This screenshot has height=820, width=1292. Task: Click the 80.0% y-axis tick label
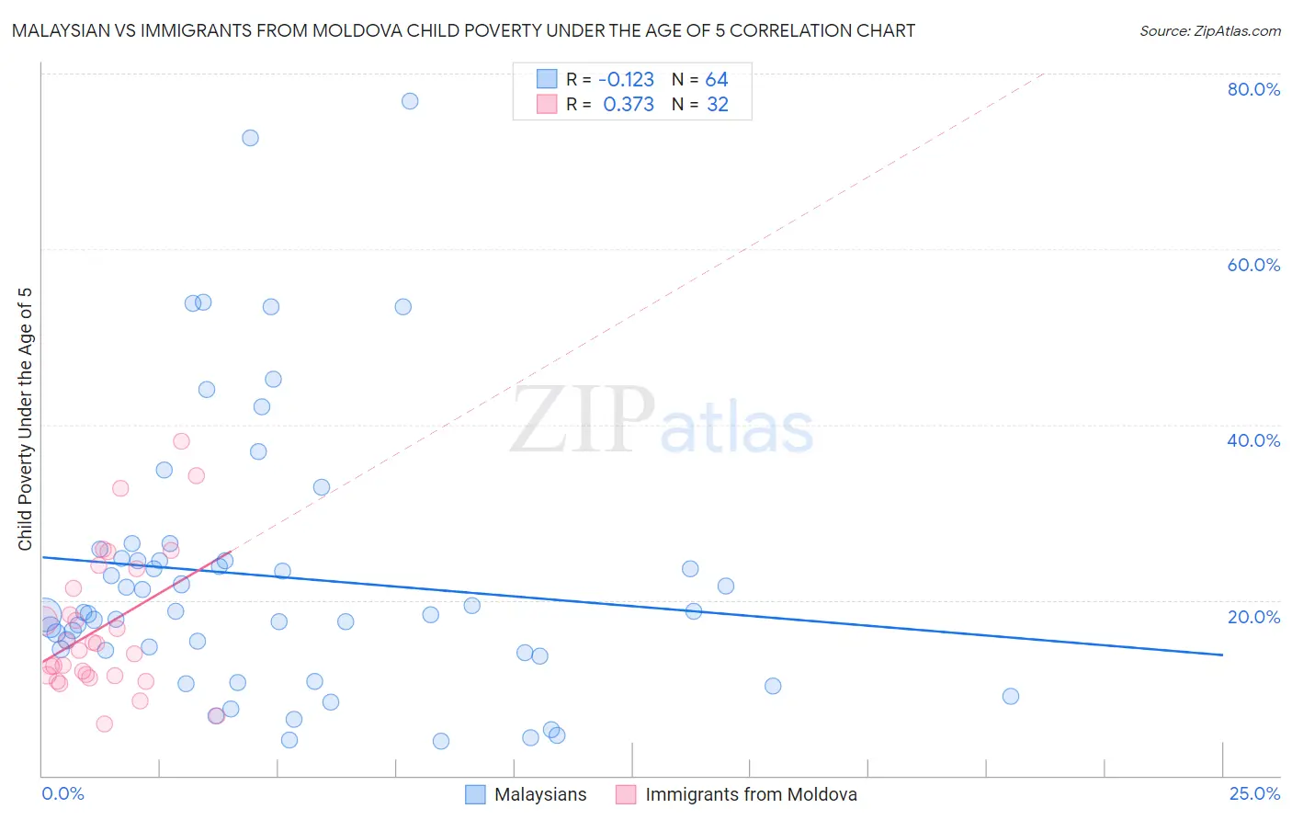point(1253,89)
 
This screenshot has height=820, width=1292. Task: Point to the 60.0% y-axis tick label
point(1253,265)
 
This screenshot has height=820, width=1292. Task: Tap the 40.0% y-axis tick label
point(1253,440)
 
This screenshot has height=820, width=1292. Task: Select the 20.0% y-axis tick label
point(1253,616)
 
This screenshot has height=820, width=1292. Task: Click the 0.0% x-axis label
point(62,793)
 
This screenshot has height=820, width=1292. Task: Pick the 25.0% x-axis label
point(1254,793)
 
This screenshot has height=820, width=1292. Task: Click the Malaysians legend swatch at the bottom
point(475,794)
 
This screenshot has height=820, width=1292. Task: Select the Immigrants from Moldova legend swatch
point(626,794)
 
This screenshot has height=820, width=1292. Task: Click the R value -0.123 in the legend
point(626,80)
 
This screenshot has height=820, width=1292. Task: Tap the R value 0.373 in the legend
point(629,105)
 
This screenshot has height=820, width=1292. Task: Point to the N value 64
point(717,80)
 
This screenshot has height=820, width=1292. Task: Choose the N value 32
point(718,105)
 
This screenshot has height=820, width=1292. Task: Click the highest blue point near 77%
point(410,101)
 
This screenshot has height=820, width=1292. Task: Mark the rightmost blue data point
point(1011,696)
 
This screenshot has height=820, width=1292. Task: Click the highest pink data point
point(181,441)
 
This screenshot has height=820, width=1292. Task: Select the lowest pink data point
point(105,723)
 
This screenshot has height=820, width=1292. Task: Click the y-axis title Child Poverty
point(25,419)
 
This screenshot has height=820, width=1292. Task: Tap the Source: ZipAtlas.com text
point(1209,31)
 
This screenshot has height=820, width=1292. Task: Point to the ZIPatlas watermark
point(662,421)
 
